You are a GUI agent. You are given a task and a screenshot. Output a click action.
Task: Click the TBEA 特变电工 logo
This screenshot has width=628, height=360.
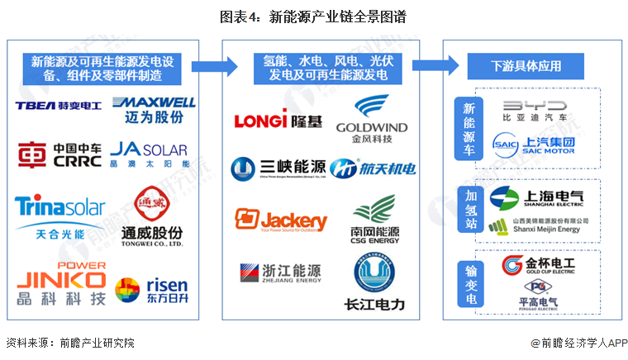57,106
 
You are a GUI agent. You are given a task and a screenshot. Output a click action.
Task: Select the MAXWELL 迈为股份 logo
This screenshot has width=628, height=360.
155,109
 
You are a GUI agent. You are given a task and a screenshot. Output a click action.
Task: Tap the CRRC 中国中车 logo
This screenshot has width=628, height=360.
59,155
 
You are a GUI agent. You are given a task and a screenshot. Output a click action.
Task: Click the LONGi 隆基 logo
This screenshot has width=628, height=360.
273,121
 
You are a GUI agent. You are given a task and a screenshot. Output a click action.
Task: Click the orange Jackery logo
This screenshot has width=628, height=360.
281,220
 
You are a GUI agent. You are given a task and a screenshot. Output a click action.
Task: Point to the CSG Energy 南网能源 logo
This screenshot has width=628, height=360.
373,216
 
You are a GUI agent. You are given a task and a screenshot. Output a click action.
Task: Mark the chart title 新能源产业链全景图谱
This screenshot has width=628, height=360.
313,17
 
